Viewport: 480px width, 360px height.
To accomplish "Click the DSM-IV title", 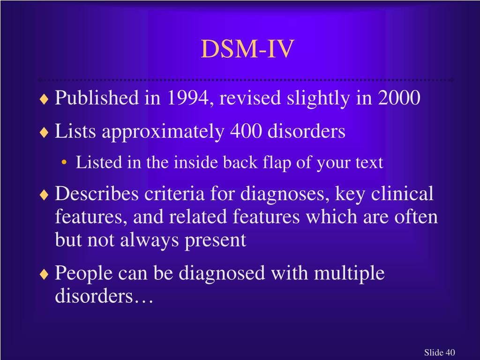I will tap(248, 49).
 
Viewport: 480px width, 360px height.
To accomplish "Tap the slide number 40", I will tap(450, 352).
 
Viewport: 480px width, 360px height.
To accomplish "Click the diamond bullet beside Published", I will tap(44, 99).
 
